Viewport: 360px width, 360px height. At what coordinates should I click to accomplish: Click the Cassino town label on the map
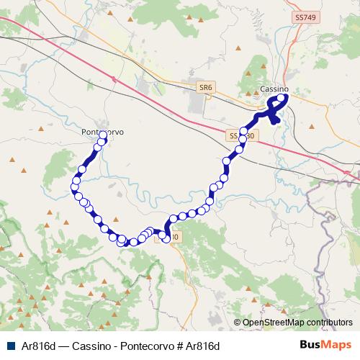[x=274, y=89]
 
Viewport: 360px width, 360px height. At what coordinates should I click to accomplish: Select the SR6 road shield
[x=205, y=87]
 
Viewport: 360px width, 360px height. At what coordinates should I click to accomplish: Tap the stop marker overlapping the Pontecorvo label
[x=104, y=135]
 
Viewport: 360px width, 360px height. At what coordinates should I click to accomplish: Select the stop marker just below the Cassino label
[x=282, y=99]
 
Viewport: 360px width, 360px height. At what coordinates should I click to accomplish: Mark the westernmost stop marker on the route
[x=74, y=187]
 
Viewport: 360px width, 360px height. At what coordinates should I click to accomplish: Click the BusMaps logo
[x=326, y=345]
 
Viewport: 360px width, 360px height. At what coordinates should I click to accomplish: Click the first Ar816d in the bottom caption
[x=39, y=346]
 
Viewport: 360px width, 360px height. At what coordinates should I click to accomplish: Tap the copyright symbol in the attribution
[x=238, y=323]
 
